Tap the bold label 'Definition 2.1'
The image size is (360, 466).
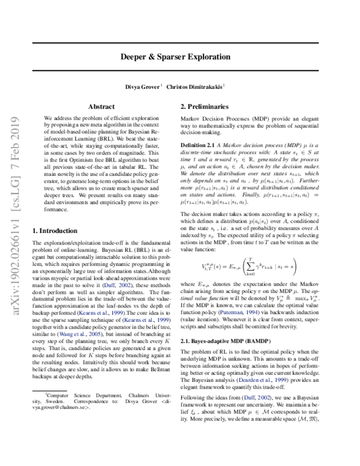(199, 146)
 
